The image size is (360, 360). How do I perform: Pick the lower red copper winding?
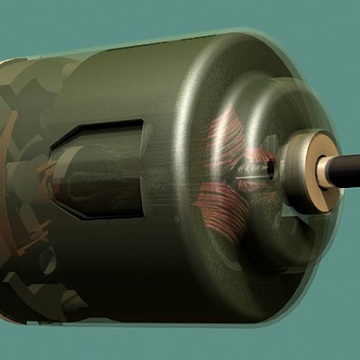[x=225, y=202]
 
